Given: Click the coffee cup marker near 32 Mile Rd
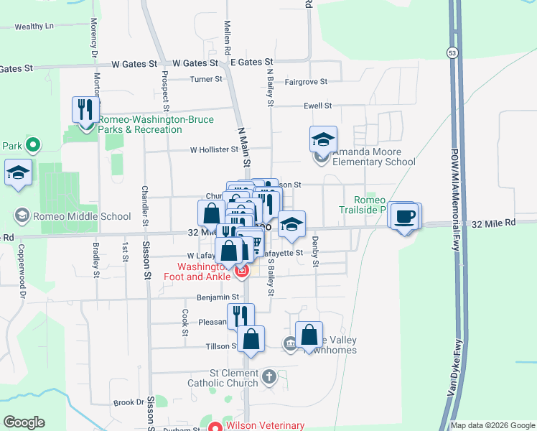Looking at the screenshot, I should pos(406,216).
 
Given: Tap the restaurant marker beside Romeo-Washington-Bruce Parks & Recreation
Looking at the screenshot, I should pos(85,111).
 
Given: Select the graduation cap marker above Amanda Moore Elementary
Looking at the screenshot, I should pos(323,139).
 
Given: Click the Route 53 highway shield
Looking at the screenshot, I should pos(452,52).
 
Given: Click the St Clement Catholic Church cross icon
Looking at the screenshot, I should pos(268,376).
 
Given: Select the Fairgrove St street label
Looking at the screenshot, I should pos(306,82).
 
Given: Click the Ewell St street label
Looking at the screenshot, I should pos(317,106).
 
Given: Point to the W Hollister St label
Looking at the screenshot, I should pos(213,149).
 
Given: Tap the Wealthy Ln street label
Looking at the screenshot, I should pos(34,27).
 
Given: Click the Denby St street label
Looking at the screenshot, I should pos(315,253).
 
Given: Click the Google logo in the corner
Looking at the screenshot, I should pos(24,422).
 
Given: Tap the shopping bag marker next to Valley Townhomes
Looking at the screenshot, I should pos(309,335).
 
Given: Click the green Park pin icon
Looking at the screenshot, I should pos(32,146).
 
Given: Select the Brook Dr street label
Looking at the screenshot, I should pos(129,403).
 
